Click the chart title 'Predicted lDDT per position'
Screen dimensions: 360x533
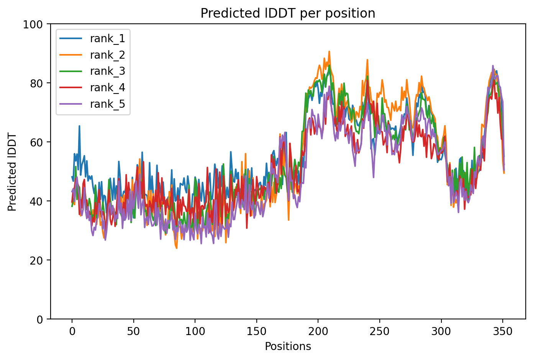click(x=288, y=13)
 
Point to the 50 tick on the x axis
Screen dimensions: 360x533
click(x=133, y=331)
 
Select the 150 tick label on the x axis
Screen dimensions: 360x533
click(x=256, y=331)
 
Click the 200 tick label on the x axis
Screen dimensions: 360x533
click(x=318, y=331)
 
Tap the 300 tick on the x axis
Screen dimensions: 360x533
click(x=441, y=331)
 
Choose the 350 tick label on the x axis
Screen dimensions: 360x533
click(x=503, y=331)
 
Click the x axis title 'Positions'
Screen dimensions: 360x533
click(x=288, y=347)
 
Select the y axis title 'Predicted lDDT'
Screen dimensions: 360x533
click(x=12, y=172)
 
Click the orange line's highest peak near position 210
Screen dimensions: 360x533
click(x=329, y=51)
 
